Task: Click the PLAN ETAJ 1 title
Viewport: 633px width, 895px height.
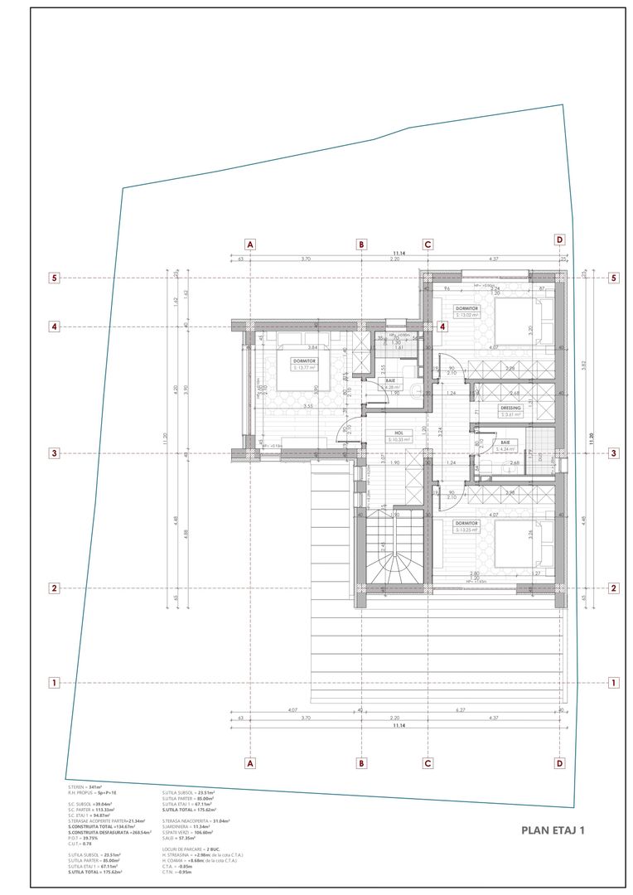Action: click(x=553, y=829)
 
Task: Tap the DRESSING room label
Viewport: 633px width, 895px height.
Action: click(x=510, y=409)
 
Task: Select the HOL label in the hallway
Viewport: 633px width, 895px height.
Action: click(x=399, y=432)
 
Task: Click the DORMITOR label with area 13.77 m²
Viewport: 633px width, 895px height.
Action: click(x=304, y=362)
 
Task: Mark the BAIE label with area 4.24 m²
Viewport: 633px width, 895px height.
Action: click(x=505, y=444)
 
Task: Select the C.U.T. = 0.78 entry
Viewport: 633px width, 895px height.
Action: click(x=80, y=844)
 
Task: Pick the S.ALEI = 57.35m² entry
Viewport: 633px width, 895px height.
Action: click(x=182, y=837)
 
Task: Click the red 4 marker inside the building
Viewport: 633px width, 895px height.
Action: click(x=443, y=327)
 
